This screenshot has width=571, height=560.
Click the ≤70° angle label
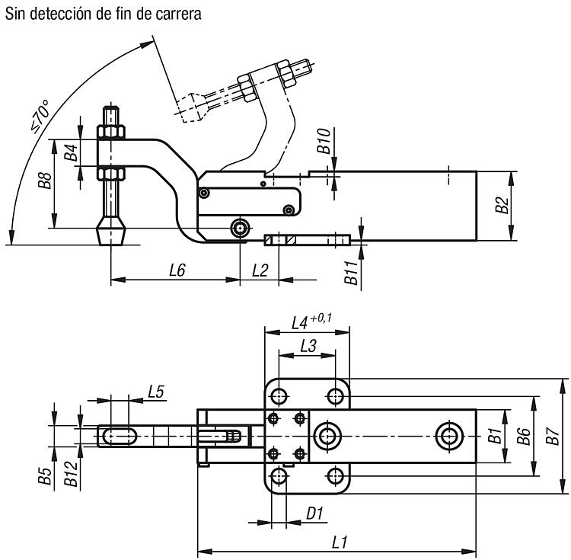pyautogui.click(x=40, y=117)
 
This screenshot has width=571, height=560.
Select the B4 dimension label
pyautogui.click(x=71, y=152)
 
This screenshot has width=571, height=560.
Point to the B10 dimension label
pyautogui.click(x=324, y=141)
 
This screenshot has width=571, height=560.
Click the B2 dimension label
pyautogui.click(x=502, y=205)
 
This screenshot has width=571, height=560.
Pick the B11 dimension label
pyautogui.click(x=351, y=273)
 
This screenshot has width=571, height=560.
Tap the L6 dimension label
pyautogui.click(x=177, y=270)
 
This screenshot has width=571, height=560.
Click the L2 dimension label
pyautogui.click(x=260, y=270)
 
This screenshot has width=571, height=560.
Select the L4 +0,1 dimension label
pyautogui.click(x=311, y=322)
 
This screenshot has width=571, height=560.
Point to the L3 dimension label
pyautogui.click(x=308, y=346)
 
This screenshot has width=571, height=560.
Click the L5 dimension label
pyautogui.click(x=156, y=392)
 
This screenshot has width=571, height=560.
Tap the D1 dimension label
pyautogui.click(x=314, y=514)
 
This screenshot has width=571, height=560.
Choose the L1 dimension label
pyautogui.click(x=340, y=542)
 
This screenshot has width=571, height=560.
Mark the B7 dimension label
pyautogui.click(x=553, y=436)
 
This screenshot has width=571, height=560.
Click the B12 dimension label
pyautogui.click(x=71, y=474)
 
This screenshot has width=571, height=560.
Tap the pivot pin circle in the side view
pyautogui.click(x=240, y=229)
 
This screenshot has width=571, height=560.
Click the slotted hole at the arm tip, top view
pyautogui.click(x=117, y=436)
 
